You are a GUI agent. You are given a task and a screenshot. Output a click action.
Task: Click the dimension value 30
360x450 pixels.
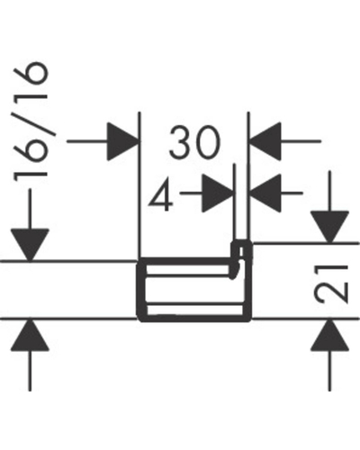coord(194,142)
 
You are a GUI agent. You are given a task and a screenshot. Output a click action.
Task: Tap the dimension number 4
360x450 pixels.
coord(161,196)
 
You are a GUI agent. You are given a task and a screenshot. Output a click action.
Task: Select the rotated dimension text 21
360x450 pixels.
coord(330,283)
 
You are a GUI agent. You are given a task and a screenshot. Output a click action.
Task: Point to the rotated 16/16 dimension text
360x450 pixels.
coord(31,121)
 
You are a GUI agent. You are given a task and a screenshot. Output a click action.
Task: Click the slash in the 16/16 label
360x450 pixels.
coord(31,121)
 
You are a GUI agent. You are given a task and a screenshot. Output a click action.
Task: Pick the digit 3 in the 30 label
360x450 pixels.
coord(181,142)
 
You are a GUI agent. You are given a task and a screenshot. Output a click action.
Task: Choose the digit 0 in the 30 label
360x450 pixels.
coord(208,142)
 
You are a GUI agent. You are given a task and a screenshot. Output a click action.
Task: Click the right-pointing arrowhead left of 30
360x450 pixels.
coord(123,141)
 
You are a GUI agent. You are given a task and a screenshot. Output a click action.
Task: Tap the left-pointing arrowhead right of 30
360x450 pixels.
coord(265,141)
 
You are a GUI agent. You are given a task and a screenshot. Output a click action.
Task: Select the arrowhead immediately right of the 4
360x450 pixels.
coord(218,193)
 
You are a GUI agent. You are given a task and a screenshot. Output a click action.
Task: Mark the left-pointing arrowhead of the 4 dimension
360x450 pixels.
coord(265,193)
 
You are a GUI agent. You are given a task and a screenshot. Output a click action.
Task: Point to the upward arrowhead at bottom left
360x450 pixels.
coord(30,335)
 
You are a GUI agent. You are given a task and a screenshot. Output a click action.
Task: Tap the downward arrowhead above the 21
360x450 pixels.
coord(329,227)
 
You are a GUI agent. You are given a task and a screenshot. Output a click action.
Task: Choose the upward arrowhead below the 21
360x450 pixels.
coord(329,335)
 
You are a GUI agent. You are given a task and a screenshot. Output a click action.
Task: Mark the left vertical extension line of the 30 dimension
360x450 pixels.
coord(139,184)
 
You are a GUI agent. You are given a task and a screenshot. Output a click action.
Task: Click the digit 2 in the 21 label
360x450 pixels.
coord(330,292)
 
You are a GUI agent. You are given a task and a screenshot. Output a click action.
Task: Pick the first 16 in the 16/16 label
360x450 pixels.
coord(31,159)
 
